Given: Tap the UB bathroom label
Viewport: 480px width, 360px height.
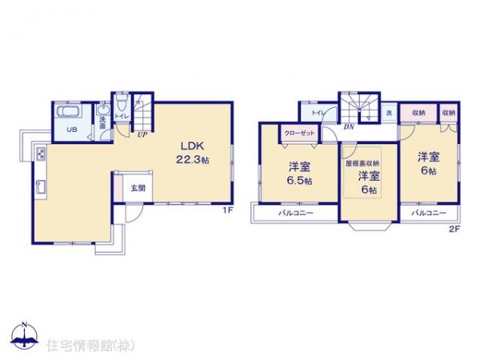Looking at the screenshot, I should (70, 129).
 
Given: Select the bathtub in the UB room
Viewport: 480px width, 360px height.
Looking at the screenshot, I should (70, 112).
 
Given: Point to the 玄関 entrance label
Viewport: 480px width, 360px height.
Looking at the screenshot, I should (138, 188).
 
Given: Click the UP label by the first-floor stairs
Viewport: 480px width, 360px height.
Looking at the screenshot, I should (141, 134).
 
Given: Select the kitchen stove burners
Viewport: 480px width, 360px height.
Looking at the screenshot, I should (40, 154).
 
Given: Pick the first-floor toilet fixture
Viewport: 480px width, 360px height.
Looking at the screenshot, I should (120, 106).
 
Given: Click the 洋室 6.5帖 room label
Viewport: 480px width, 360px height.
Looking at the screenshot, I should (300, 174).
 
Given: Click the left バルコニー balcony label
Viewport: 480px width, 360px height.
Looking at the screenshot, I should (295, 214).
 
